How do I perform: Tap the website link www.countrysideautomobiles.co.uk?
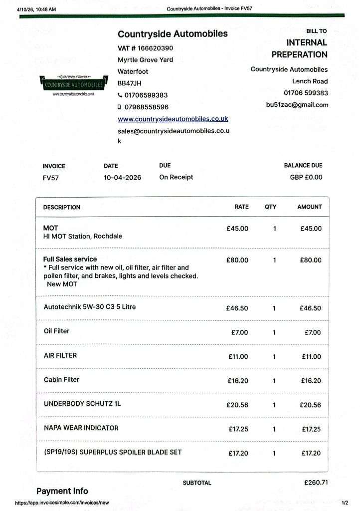pyautogui.click(x=173, y=119)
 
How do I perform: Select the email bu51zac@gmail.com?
pyautogui.click(x=297, y=105)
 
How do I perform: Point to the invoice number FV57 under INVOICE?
pyautogui.click(x=51, y=178)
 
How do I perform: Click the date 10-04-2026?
pyautogui.click(x=122, y=178)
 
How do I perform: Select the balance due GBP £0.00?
pyautogui.click(x=306, y=177)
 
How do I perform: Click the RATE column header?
pyautogui.click(x=241, y=207)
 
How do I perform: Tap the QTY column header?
pyautogui.click(x=271, y=207)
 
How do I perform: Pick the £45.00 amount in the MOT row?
pyautogui.click(x=311, y=229)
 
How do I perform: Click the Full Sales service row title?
pyautogui.click(x=70, y=259)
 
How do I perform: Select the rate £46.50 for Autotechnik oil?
pyautogui.click(x=237, y=308)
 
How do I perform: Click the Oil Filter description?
pyautogui.click(x=57, y=331)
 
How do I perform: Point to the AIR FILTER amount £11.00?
pyautogui.click(x=312, y=357)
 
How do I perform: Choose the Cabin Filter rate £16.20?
pyautogui.click(x=238, y=381)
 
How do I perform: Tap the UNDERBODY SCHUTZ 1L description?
pyautogui.click(x=82, y=403)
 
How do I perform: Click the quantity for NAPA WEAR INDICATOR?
pyautogui.click(x=274, y=429)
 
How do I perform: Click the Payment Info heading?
pyautogui.click(x=62, y=491)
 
